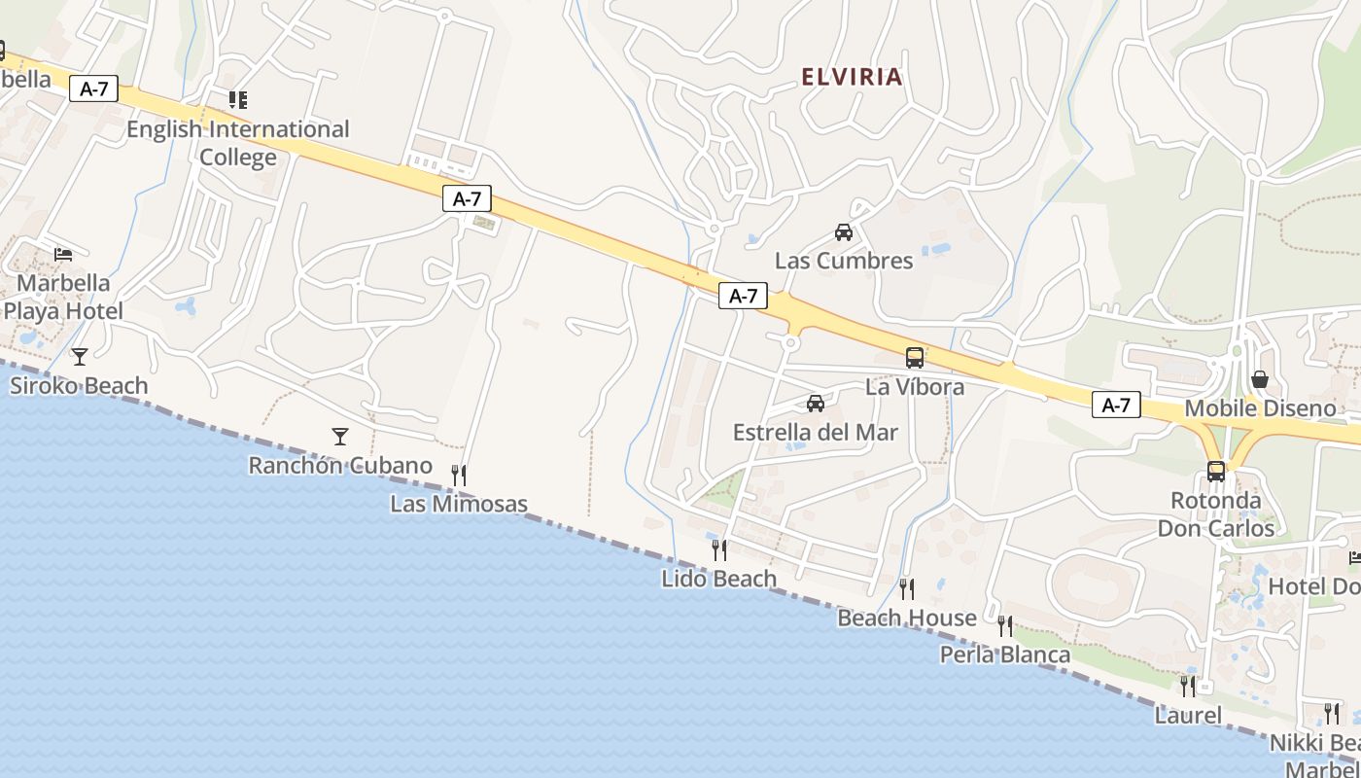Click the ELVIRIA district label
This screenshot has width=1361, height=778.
coord(853,77)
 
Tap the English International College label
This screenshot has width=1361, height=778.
coord(238,142)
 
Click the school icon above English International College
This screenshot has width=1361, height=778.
coord(238,99)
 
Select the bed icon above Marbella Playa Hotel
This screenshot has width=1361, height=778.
coord(63,255)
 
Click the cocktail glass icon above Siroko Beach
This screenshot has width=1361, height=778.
coord(80,357)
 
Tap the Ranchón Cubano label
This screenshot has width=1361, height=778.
coord(340,466)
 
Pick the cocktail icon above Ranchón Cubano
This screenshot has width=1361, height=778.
coord(340,437)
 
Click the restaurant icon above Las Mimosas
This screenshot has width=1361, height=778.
coord(459,475)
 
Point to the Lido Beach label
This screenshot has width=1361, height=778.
coord(719,579)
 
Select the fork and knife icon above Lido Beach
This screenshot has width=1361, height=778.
coord(719,549)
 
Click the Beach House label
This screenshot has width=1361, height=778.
coord(907,618)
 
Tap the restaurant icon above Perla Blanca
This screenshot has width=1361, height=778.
coord(1005,625)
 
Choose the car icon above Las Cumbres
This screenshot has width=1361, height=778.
coord(844,232)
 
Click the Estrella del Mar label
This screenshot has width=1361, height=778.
coord(816,433)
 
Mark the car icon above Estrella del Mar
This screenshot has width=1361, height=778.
coord(816,404)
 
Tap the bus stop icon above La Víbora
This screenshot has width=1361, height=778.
coord(915,358)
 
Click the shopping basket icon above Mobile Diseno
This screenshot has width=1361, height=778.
coord(1260,379)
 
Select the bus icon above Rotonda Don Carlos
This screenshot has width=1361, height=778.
coord(1216,472)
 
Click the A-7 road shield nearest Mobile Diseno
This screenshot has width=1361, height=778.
coord(1116,405)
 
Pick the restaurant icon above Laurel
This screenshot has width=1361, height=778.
coord(1188,686)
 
